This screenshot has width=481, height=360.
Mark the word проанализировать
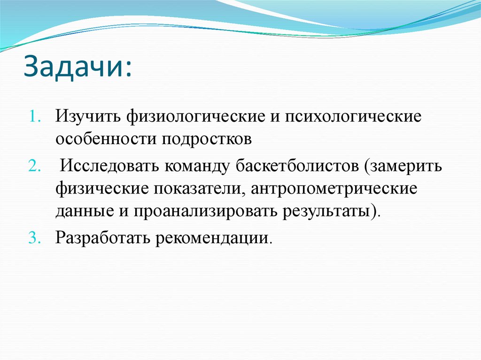[205, 212]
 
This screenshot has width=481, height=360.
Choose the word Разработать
[100, 238]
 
